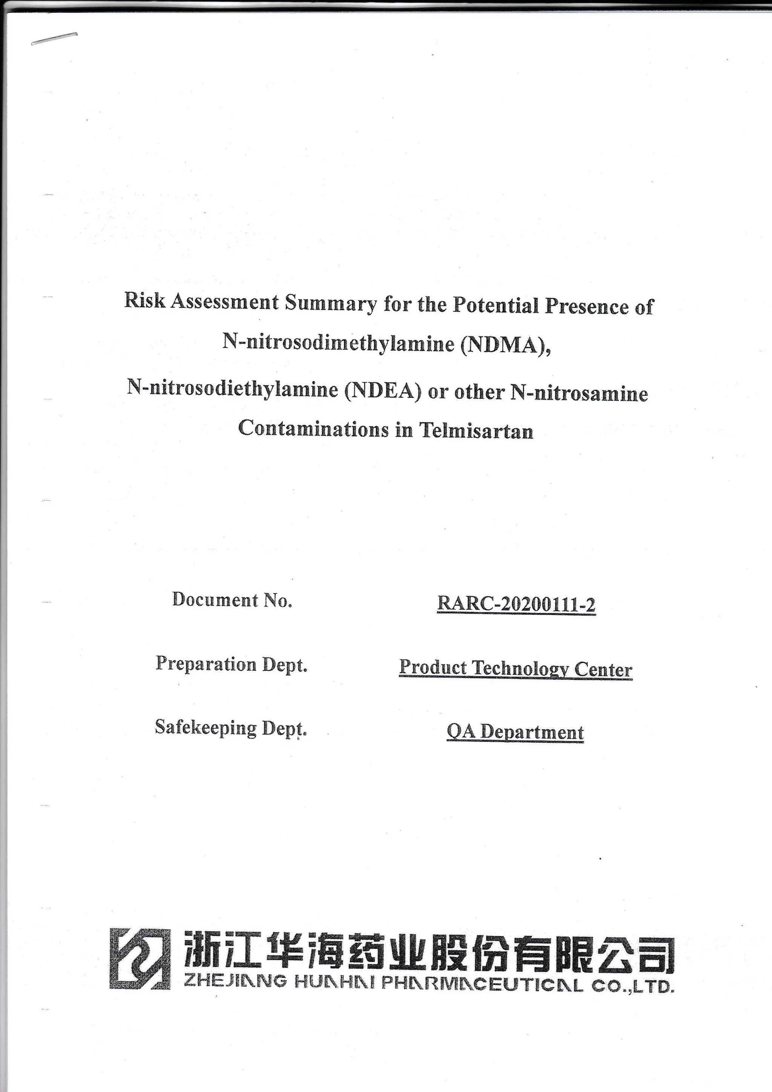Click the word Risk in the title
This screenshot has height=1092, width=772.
pyautogui.click(x=144, y=300)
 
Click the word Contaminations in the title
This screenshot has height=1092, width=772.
pyautogui.click(x=313, y=428)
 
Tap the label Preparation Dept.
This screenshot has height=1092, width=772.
pyautogui.click(x=231, y=664)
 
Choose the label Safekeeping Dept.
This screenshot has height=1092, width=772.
pyautogui.click(x=231, y=728)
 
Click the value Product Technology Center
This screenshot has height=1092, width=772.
pyautogui.click(x=516, y=668)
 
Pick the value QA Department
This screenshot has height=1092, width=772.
pyautogui.click(x=515, y=732)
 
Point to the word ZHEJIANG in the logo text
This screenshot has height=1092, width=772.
pyautogui.click(x=235, y=982)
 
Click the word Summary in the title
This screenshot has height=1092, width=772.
pyautogui.click(x=331, y=303)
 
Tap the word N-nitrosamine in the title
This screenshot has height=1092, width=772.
pyautogui.click(x=579, y=393)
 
